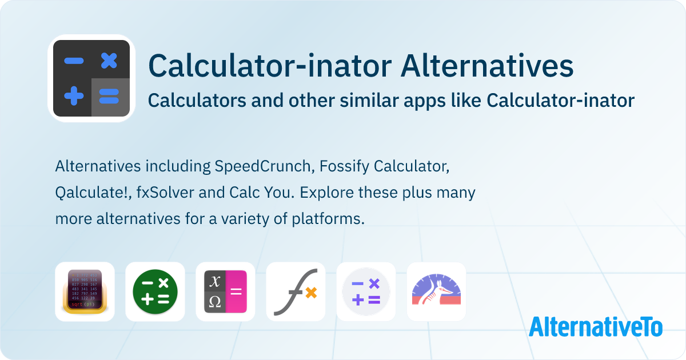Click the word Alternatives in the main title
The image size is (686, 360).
click(487, 66)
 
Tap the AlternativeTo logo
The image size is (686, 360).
click(596, 327)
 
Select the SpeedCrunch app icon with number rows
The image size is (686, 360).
click(85, 291)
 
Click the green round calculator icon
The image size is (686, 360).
click(155, 291)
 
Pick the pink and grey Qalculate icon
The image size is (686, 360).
click(225, 291)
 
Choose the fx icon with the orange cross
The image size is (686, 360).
click(296, 291)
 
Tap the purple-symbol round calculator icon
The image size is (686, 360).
click(366, 291)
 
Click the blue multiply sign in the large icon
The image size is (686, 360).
click(109, 61)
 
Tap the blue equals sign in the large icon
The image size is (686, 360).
click(109, 96)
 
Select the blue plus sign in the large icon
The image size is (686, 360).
click(74, 96)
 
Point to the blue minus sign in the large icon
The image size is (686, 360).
click(74, 61)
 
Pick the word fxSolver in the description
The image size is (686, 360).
click(165, 193)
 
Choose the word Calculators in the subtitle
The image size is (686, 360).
click(197, 101)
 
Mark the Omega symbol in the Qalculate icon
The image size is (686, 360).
click(215, 302)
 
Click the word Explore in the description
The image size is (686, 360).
click(327, 193)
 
